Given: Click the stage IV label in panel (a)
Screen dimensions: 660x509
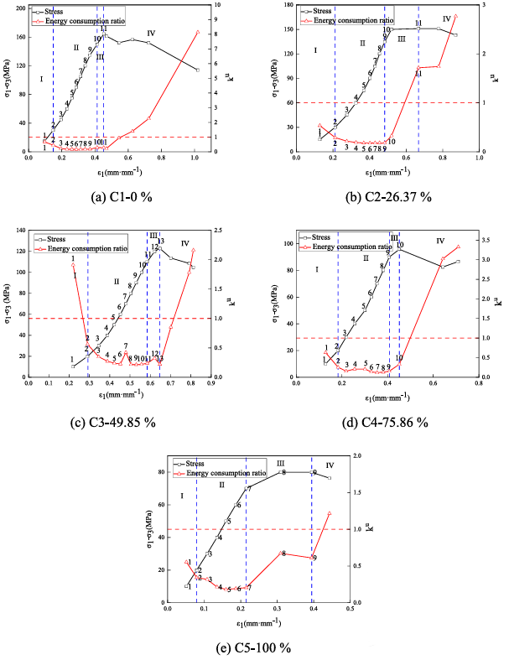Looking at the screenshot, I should pyautogui.click(x=150, y=33).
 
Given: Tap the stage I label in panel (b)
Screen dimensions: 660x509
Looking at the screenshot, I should pyautogui.click(x=316, y=50).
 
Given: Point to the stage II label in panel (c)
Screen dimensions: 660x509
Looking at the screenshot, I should pyautogui.click(x=117, y=282).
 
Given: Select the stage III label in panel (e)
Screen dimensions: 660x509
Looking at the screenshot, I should pyautogui.click(x=280, y=463).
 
